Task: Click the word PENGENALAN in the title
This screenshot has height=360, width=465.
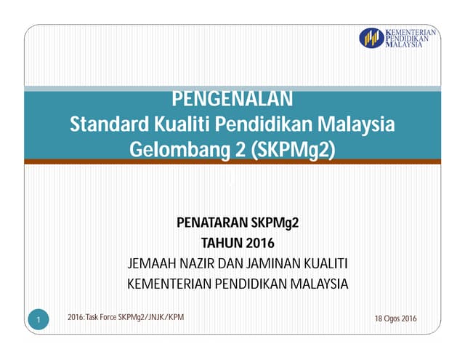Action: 232,98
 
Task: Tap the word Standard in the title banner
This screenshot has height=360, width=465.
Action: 109,124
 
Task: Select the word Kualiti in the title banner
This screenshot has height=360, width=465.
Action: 182,124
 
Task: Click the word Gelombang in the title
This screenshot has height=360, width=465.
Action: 179,149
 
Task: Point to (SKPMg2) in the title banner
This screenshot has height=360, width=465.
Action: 294,149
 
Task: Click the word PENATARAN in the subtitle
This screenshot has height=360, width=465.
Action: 212,223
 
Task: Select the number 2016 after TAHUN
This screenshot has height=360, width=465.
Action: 260,243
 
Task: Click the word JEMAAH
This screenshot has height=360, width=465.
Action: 152,263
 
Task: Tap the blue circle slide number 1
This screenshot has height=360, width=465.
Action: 39,319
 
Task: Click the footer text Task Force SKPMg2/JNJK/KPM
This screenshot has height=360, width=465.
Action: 135,317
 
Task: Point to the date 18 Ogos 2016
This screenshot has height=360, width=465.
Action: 395,319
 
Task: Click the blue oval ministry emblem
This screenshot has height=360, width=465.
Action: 371,38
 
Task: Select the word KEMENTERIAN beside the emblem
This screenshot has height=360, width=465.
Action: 411,32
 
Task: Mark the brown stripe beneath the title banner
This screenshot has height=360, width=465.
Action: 232,161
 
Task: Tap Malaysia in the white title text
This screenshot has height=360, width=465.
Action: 356,124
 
